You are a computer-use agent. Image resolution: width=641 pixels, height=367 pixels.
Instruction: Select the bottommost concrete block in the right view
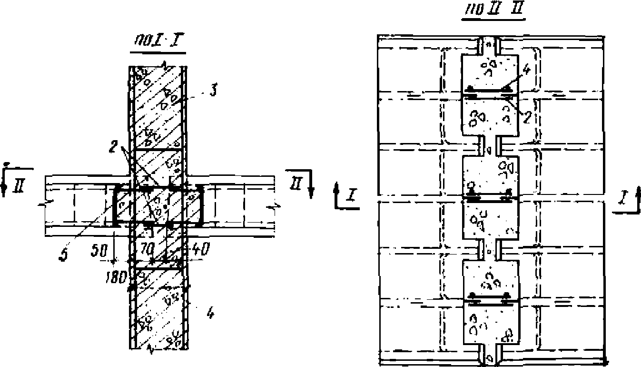click(489, 324)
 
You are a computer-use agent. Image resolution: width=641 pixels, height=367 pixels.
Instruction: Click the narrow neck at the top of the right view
click(489, 45)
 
